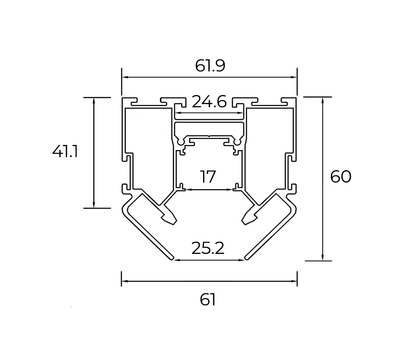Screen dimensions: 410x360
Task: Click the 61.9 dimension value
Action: coord(210,65)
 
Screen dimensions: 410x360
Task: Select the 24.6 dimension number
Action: coord(209,102)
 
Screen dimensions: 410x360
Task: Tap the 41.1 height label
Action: coord(65,152)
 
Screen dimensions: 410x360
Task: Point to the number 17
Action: coord(208,177)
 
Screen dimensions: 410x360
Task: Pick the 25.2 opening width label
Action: coord(208,248)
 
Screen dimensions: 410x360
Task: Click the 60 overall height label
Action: coord(341,177)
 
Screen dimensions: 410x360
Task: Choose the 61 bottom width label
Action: coord(208,300)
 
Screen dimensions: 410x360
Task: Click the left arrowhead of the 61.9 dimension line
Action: coord(124,77)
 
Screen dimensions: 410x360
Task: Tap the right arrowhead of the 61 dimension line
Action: coord(294,281)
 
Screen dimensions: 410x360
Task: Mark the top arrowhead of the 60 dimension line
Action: coord(323,100)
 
